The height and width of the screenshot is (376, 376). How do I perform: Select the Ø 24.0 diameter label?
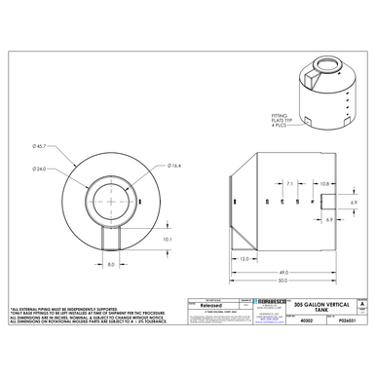pyautogui.click(x=40, y=169)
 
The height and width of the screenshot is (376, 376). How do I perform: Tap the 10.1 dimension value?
pyautogui.click(x=167, y=239)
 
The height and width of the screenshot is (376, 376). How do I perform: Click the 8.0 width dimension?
pyautogui.click(x=112, y=263)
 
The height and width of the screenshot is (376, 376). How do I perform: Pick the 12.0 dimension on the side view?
pyautogui.click(x=244, y=258)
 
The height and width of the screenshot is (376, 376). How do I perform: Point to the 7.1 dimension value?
pyautogui.click(x=290, y=183)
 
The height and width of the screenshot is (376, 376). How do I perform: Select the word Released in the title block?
pyautogui.click(x=211, y=304)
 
